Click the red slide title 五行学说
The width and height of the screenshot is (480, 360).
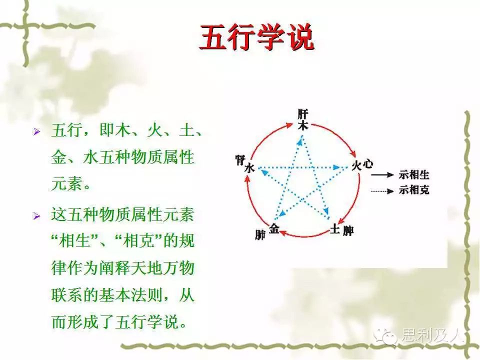[257, 37]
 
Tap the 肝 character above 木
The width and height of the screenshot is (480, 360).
[303, 114]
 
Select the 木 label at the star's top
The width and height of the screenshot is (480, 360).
[303, 125]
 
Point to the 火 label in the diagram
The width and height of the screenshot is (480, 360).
[356, 166]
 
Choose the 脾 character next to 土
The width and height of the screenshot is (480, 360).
[348, 230]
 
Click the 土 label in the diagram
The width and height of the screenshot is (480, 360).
[335, 228]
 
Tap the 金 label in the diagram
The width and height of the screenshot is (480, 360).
[274, 228]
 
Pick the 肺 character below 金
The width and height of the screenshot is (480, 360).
[260, 235]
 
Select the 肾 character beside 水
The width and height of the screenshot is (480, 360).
[240, 160]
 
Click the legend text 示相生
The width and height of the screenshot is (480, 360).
[414, 175]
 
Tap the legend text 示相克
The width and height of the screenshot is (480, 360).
[414, 190]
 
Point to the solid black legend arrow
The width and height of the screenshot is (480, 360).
[382, 175]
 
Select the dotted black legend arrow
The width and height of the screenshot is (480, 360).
[382, 191]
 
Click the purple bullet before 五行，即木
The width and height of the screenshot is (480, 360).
[36, 132]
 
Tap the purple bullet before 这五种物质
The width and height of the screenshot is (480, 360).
[36, 216]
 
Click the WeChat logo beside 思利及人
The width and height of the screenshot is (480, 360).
[385, 336]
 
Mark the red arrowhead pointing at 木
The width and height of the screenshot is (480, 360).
[290, 124]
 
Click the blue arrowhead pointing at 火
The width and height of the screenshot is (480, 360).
[336, 167]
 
